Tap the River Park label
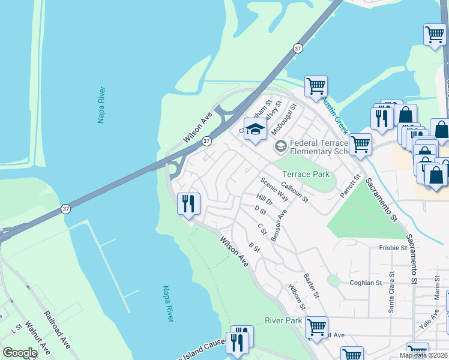[x=283, y=321]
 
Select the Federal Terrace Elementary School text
[x=319, y=147]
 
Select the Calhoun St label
[x=294, y=193]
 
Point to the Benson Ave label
[x=279, y=226]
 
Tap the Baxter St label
[x=311, y=286]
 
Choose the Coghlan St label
[x=366, y=283]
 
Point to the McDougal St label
[x=285, y=120]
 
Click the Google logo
[x=20, y=353]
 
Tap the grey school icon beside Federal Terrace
[x=280, y=146]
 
